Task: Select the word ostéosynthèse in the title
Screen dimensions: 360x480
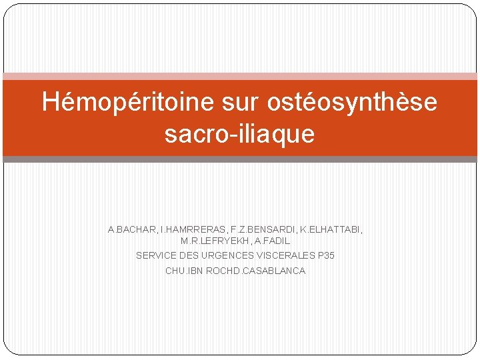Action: point(353,102)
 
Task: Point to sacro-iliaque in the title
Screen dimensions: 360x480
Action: point(239,134)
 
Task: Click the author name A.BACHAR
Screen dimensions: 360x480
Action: point(131,229)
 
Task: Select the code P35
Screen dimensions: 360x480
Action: point(327,255)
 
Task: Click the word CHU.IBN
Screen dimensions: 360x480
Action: point(185,271)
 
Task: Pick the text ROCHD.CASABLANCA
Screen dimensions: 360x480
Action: point(256,271)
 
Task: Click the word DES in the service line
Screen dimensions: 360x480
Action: point(191,255)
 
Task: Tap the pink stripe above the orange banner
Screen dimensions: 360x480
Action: point(240,77)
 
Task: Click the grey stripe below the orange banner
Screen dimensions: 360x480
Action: point(240,159)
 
